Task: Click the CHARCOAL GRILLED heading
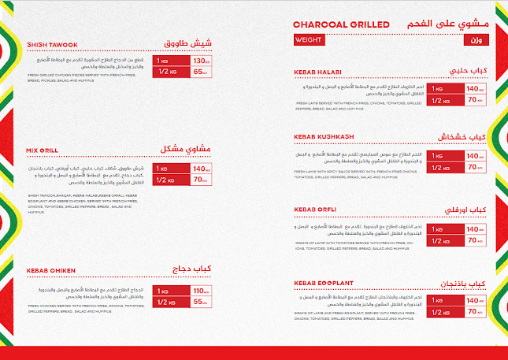[340, 24]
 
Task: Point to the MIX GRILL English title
[44, 150]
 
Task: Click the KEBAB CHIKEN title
[51, 270]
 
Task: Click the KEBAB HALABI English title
[318, 72]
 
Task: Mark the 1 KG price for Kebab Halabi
[473, 89]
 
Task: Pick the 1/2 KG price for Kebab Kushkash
[473, 167]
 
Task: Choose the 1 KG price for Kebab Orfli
[473, 228]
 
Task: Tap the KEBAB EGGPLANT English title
[323, 281]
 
